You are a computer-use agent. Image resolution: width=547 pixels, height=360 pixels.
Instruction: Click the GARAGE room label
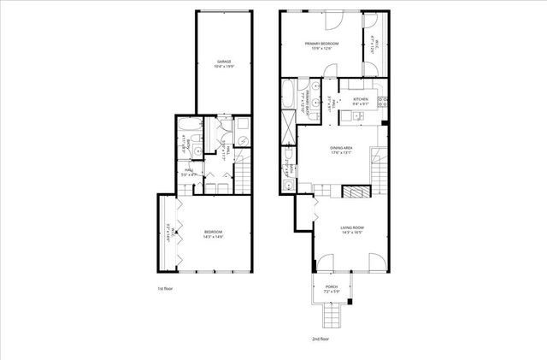(x=224, y=62)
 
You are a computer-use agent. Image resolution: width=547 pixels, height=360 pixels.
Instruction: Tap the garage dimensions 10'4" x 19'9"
(x=224, y=68)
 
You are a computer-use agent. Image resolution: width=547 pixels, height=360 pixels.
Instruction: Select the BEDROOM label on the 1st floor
(x=214, y=231)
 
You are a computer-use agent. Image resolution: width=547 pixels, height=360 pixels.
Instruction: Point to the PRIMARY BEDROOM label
(x=322, y=43)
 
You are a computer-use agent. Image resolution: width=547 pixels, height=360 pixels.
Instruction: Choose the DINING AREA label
(x=342, y=148)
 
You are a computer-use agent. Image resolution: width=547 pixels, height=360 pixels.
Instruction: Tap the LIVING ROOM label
(x=352, y=227)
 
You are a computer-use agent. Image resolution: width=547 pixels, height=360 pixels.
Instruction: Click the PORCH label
(x=332, y=286)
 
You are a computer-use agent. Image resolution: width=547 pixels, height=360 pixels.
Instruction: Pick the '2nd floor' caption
(x=322, y=339)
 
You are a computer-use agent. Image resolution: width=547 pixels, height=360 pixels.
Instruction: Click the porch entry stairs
(x=331, y=318)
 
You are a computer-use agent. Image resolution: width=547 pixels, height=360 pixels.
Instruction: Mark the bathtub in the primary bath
(x=288, y=93)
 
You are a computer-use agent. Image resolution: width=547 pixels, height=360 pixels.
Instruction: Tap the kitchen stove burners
(x=384, y=102)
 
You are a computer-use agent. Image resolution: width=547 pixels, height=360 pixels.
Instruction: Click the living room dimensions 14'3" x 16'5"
(x=352, y=233)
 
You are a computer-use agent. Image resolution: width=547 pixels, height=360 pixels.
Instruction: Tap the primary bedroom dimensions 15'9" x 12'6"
(x=322, y=49)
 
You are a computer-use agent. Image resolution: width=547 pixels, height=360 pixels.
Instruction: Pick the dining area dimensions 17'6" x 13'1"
(x=342, y=154)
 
